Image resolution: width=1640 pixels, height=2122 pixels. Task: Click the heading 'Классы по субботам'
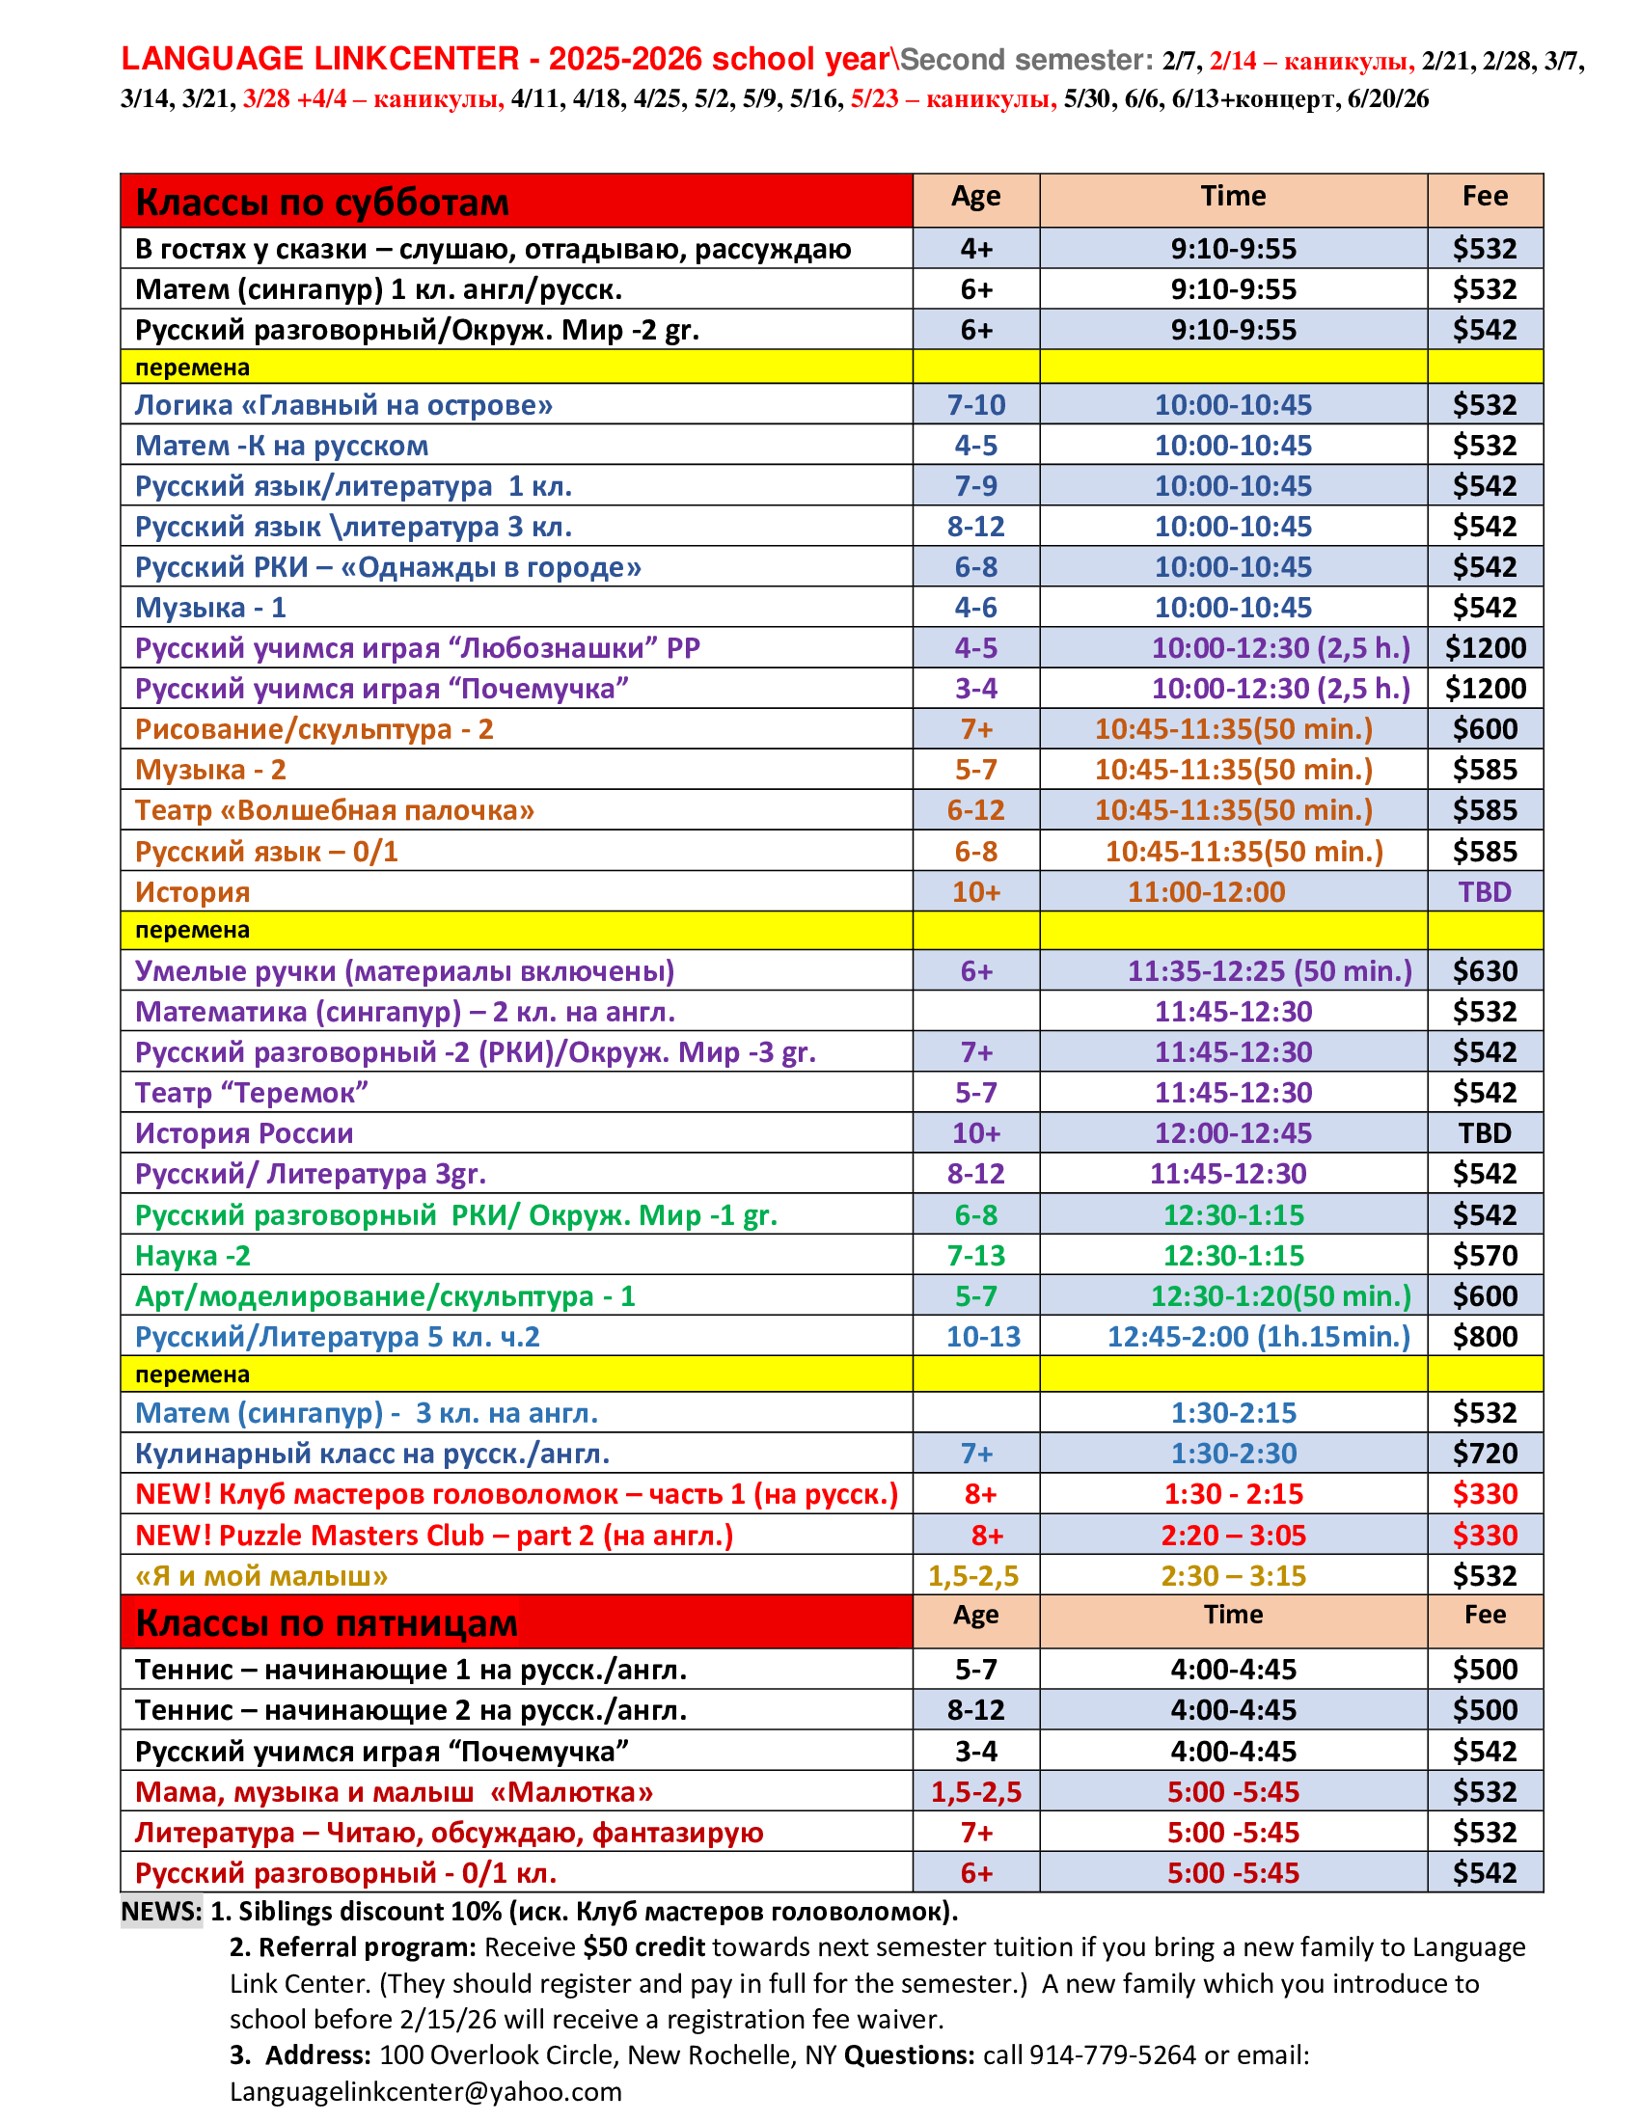pyautogui.click(x=321, y=203)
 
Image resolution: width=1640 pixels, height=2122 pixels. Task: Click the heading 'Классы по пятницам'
pyautogui.click(x=326, y=1622)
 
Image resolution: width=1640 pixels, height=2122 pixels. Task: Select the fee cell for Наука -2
pyautogui.click(x=1484, y=1255)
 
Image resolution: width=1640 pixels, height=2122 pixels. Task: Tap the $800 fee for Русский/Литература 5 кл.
pyautogui.click(x=1484, y=1337)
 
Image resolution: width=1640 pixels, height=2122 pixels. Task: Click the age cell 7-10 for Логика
pyautogui.click(x=975, y=405)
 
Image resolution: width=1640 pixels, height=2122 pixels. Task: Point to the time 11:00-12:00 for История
pyautogui.click(x=1206, y=892)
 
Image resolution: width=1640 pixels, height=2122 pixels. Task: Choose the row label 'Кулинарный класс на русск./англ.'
pyautogui.click(x=372, y=1454)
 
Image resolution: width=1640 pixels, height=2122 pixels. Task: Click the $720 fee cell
pyautogui.click(x=1484, y=1454)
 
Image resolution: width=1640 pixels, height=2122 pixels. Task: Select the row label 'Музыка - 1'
pyautogui.click(x=211, y=609)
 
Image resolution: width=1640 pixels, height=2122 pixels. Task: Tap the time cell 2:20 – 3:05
pyautogui.click(x=1233, y=1536)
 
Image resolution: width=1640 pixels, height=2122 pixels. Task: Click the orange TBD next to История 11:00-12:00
pyautogui.click(x=1484, y=892)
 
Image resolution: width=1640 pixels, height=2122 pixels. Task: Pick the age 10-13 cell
pyautogui.click(x=982, y=1337)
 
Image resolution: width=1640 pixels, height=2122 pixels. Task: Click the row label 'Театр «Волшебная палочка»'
pyautogui.click(x=334, y=810)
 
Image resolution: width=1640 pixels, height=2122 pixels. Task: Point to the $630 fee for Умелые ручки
pyautogui.click(x=1484, y=971)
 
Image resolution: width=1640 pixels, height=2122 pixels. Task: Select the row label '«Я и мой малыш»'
pyautogui.click(x=261, y=1576)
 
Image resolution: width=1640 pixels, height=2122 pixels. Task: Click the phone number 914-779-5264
pyautogui.click(x=1112, y=2054)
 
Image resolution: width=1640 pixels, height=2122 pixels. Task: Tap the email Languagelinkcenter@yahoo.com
pyautogui.click(x=425, y=2091)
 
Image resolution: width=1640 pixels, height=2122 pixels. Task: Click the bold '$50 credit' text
pyautogui.click(x=645, y=1947)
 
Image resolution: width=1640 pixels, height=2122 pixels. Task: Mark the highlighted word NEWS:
pyautogui.click(x=161, y=1911)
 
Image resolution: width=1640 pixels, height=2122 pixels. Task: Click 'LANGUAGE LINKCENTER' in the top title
pyautogui.click(x=319, y=59)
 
